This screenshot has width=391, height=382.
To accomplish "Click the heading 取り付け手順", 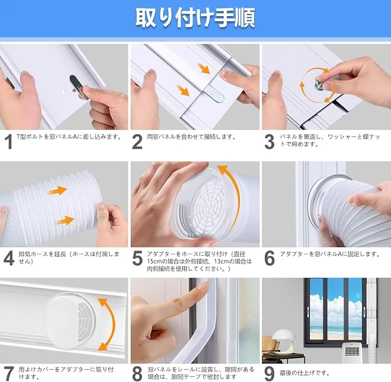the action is (195, 18).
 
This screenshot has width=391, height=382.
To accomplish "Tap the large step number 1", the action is (9, 142).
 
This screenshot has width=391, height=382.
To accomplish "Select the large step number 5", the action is (137, 258).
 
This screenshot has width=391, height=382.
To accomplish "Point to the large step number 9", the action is (269, 374).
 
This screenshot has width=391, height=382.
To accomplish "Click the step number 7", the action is (9, 374).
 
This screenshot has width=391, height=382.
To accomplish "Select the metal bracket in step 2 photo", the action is (214, 94).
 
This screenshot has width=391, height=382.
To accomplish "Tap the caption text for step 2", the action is (191, 137).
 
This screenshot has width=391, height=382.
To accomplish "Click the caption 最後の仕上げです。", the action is (304, 373).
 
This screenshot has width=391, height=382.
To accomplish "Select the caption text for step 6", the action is (330, 254).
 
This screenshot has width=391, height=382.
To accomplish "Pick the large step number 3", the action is (269, 142).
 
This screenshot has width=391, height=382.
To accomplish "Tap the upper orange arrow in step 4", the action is (58, 191).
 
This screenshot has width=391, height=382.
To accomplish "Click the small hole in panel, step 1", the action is (64, 92).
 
